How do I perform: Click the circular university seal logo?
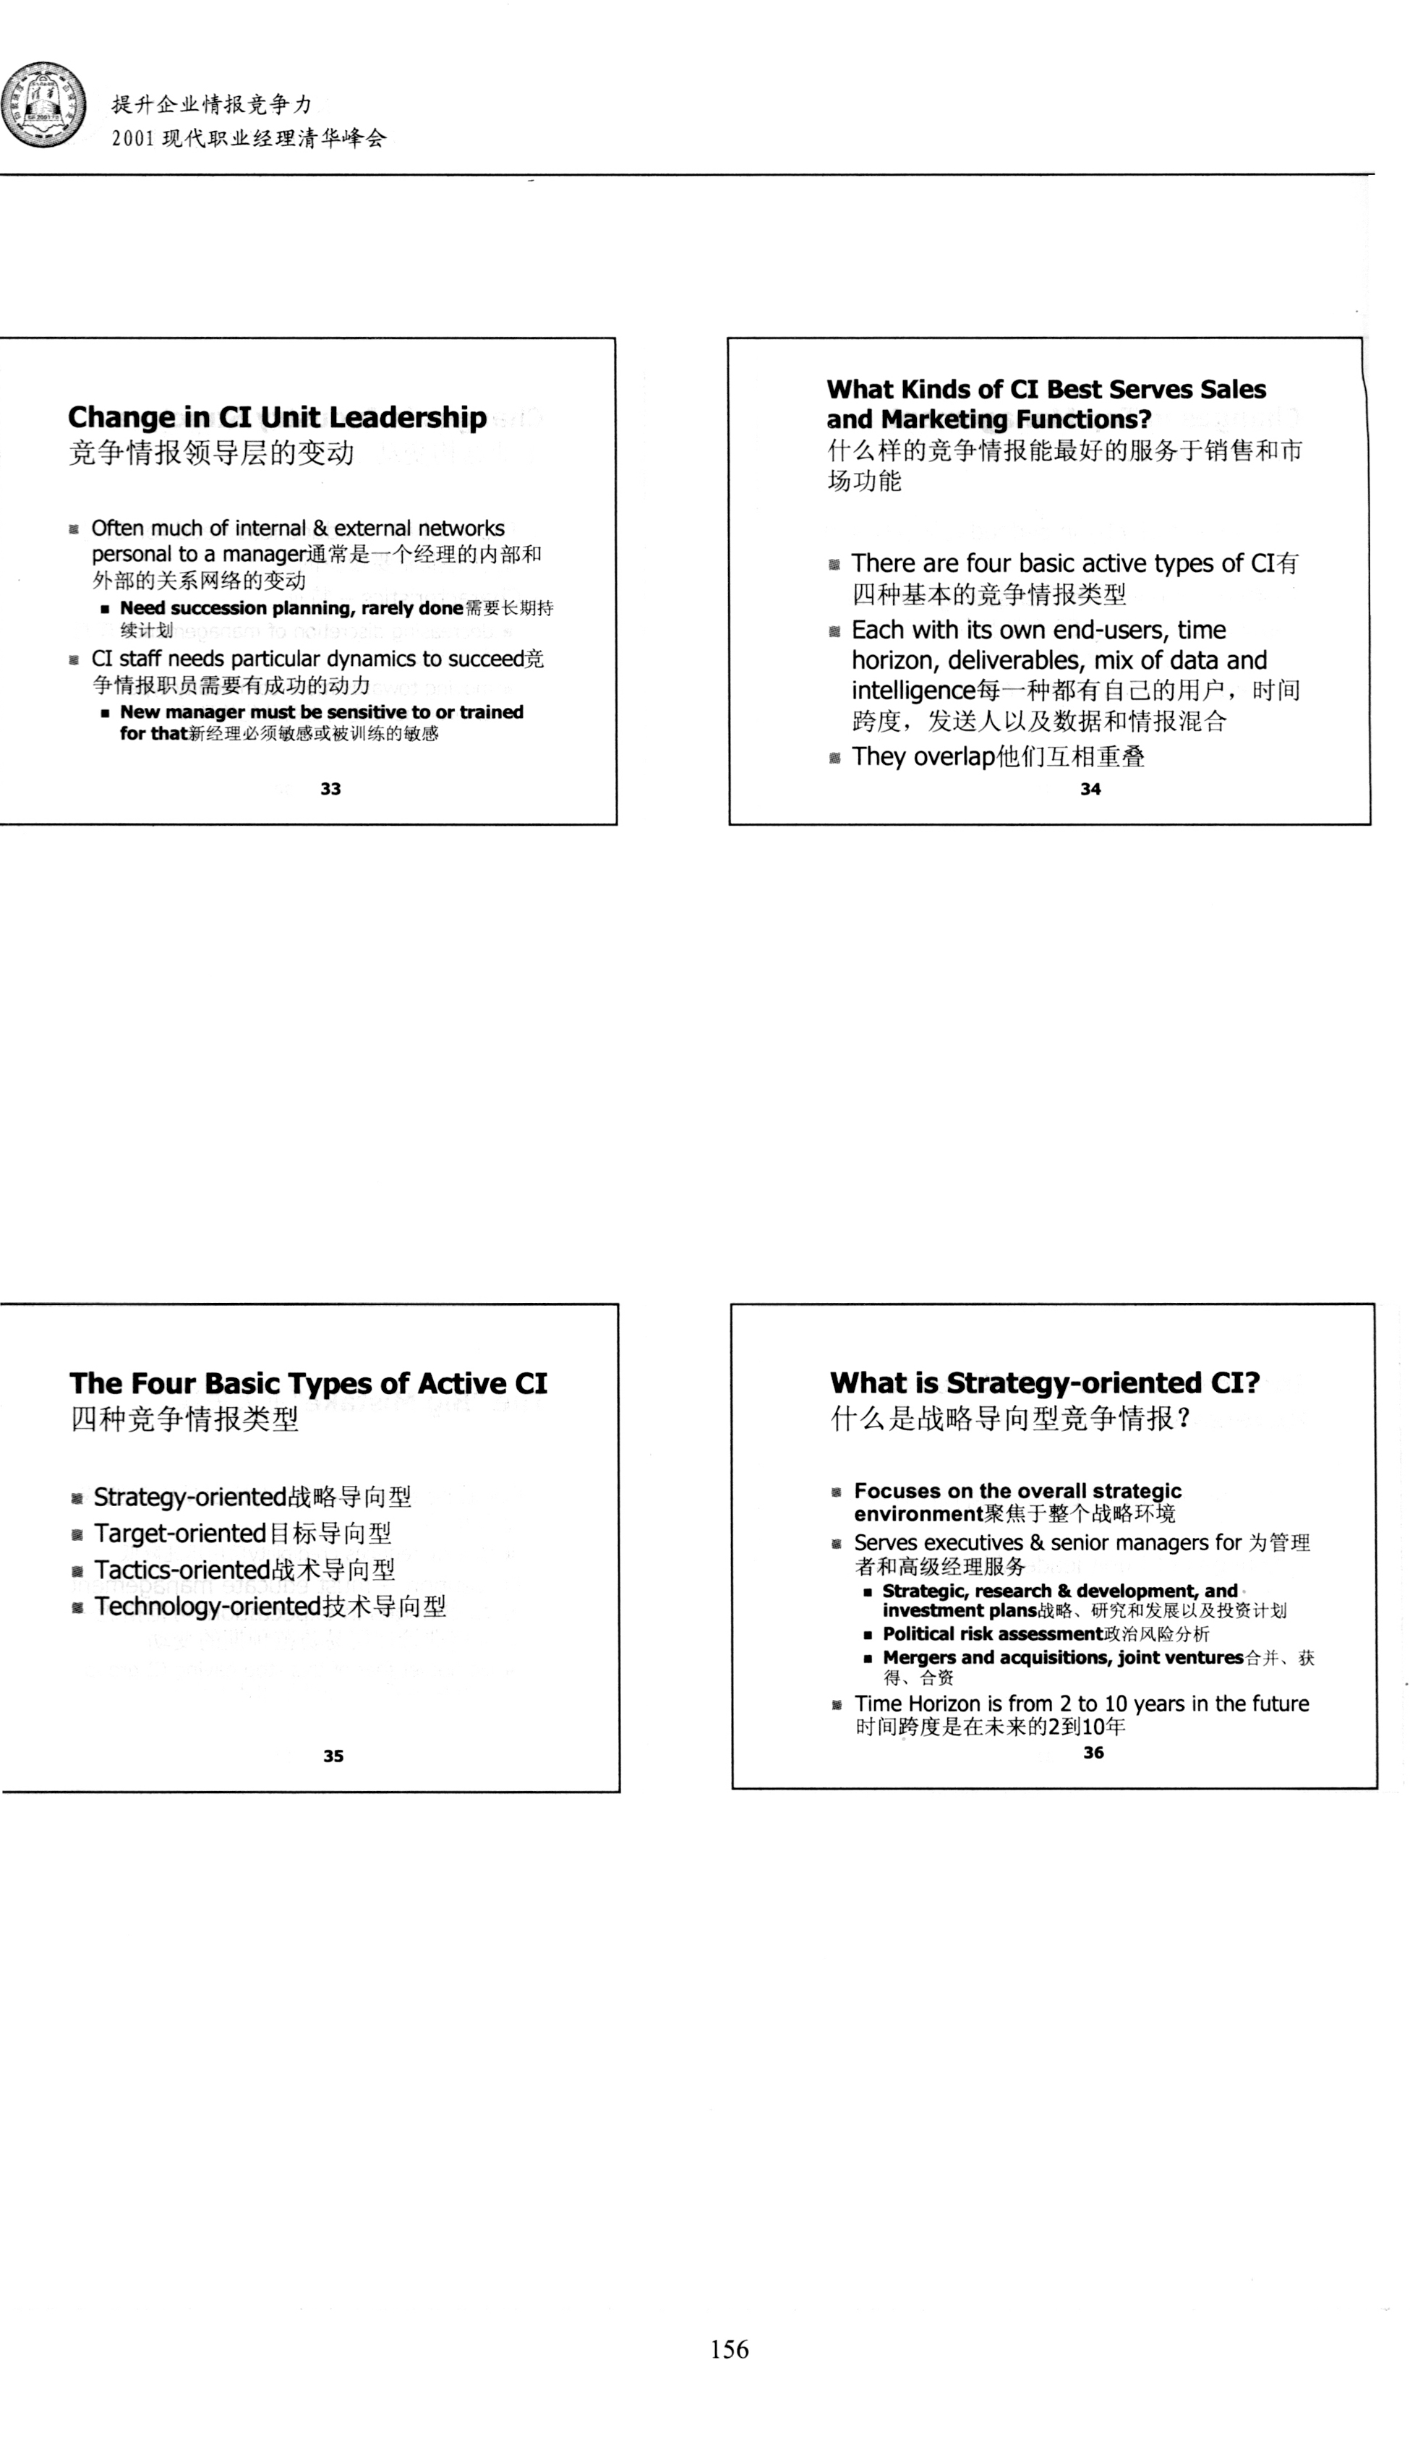pos(43,106)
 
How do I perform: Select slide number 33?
pos(330,789)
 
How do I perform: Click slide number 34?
pos(1090,789)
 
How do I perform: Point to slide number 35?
pos(333,1756)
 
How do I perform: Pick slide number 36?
pos(1093,1753)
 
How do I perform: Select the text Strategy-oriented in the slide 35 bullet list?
pos(189,1497)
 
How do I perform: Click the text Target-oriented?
pos(179,1534)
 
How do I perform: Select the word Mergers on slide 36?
pos(919,1657)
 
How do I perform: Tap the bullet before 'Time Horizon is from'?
pos(837,1705)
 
